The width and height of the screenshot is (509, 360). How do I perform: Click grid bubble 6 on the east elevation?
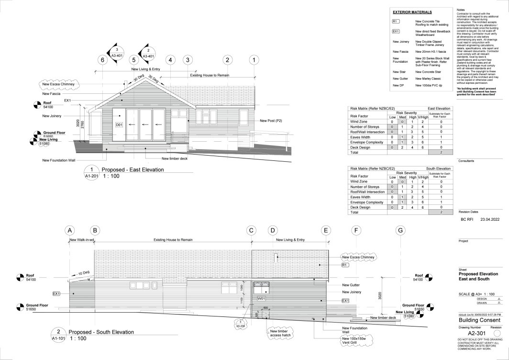[101, 60]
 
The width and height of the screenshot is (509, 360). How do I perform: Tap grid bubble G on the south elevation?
[400, 230]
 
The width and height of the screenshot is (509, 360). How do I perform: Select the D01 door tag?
[119, 124]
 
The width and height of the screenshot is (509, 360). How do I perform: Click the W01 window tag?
[261, 298]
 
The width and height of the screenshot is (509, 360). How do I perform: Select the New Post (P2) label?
[271, 121]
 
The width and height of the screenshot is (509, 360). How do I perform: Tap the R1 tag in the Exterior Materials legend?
[395, 22]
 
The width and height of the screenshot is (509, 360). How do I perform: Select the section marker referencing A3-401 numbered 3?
[116, 53]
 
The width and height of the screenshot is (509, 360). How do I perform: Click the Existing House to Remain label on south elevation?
[173, 239]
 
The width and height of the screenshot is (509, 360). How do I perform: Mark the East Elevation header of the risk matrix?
[439, 109]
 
